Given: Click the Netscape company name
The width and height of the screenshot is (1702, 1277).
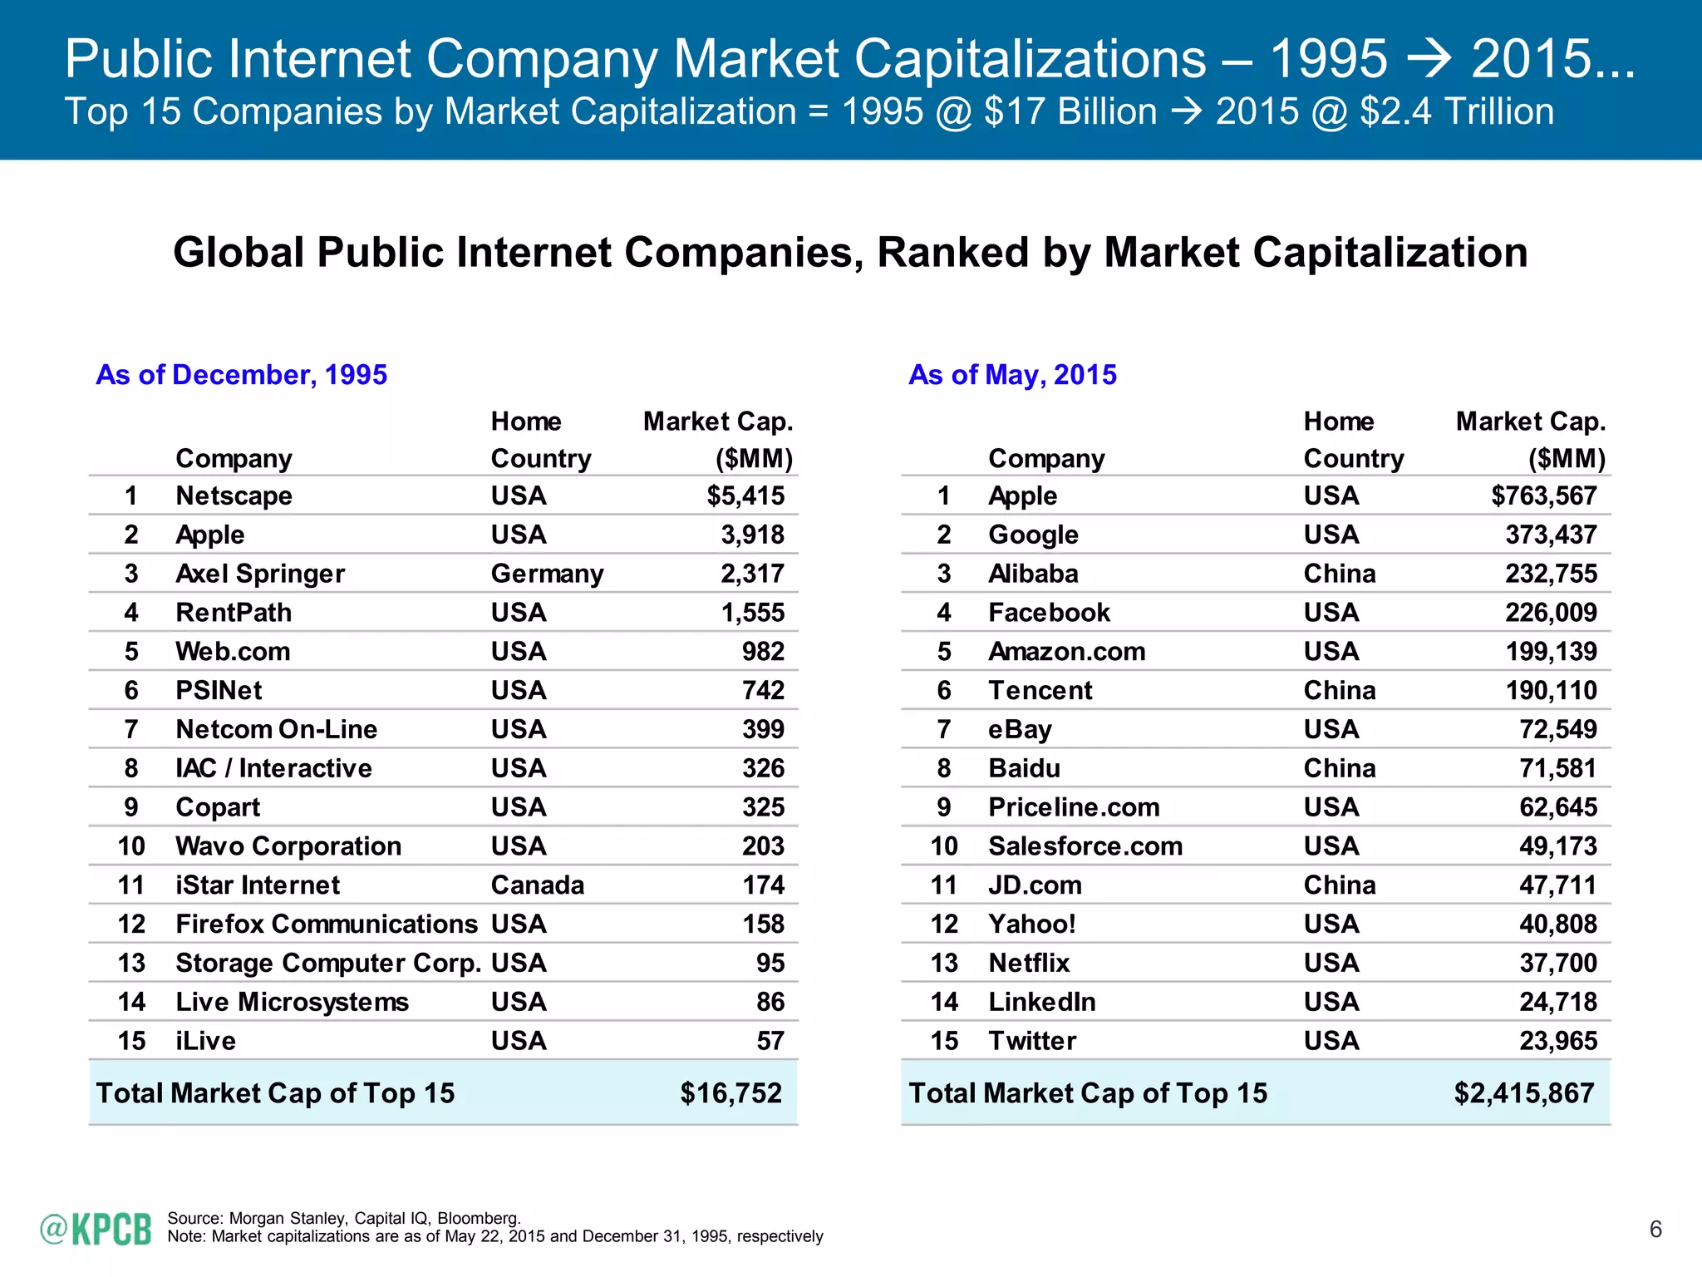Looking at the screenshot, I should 234,496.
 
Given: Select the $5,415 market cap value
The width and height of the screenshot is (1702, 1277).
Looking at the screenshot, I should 745,496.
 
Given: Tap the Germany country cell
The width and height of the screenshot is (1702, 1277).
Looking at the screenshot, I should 547,574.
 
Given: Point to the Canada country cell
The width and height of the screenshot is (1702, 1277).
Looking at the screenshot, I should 537,885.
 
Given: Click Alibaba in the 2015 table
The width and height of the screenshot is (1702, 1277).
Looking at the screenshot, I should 1033,574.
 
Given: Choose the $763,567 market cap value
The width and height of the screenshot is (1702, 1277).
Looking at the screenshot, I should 1543,496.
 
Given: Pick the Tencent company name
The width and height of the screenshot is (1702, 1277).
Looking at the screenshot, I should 1040,690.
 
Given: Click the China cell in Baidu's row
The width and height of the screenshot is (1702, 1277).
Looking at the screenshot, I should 1339,768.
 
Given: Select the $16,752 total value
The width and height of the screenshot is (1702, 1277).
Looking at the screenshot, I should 730,1092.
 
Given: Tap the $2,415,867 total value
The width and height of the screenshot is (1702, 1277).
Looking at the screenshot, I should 1523,1092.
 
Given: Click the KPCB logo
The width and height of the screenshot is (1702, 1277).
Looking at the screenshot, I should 96,1229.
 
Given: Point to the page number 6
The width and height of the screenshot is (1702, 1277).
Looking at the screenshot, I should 1655,1229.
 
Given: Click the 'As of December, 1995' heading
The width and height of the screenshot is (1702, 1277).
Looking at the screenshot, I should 241,375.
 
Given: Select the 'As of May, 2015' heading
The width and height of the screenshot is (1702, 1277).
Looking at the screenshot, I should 1012,375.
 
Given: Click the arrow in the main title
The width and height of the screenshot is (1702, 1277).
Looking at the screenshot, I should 1429,59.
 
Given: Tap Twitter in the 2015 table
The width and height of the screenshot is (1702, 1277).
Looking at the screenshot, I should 1031,1041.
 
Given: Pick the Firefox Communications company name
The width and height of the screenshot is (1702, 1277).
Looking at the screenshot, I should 327,924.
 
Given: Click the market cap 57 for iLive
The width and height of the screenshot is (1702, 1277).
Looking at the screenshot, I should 770,1041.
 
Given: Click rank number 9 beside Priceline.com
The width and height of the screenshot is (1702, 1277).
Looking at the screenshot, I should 943,807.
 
